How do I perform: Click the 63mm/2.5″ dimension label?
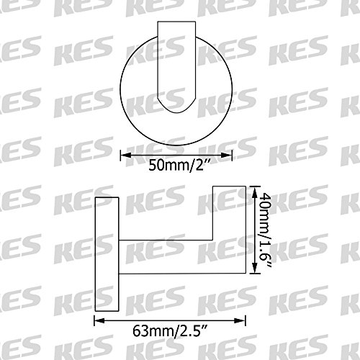click(x=170, y=331)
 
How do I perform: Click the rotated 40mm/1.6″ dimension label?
click(x=266, y=230)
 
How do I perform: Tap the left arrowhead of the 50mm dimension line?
click(x=125, y=155)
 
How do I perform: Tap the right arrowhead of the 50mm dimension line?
click(x=227, y=155)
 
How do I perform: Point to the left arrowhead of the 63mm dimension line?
click(x=99, y=320)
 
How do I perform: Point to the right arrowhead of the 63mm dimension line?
click(x=240, y=320)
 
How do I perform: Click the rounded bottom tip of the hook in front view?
click(x=176, y=112)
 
